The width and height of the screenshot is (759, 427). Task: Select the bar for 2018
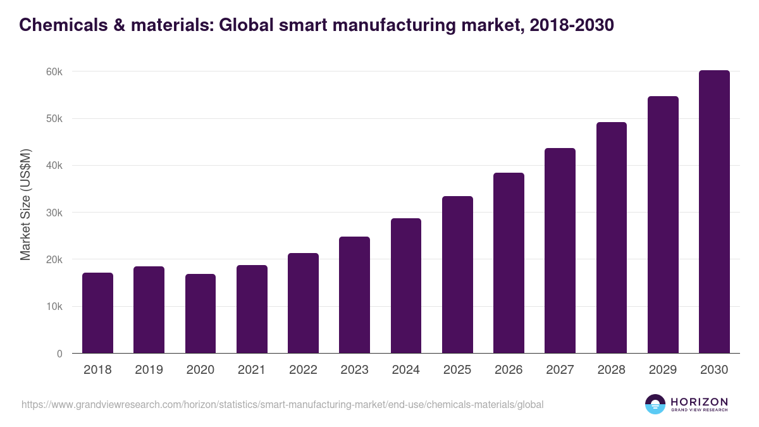(97, 313)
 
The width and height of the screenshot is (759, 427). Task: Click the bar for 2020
(201, 314)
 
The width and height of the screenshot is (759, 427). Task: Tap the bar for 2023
(354, 295)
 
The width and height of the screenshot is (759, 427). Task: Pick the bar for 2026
(509, 263)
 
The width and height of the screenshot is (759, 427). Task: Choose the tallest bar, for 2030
(714, 212)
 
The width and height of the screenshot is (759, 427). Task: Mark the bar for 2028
(612, 238)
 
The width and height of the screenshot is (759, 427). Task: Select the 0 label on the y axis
(59, 354)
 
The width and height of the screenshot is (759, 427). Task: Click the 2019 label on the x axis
(149, 370)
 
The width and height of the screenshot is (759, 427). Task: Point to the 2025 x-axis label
(457, 370)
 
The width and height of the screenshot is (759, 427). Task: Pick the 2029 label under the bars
(663, 370)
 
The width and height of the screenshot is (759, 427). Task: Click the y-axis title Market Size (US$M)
(25, 204)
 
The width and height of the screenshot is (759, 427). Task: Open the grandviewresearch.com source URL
(282, 404)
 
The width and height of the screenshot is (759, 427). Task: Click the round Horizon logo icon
(655, 404)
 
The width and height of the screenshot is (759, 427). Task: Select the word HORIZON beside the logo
(699, 402)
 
